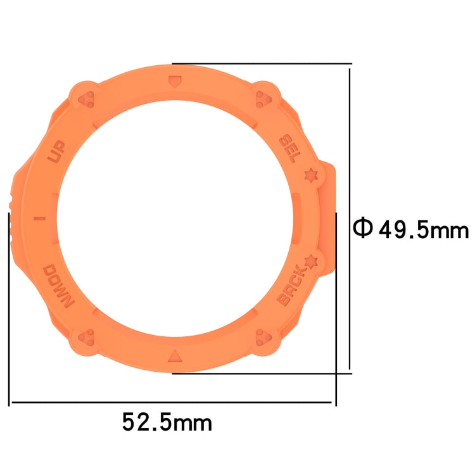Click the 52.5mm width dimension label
tap(167, 421)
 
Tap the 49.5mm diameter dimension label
tap(423, 229)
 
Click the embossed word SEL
tap(289, 148)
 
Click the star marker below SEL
tap(310, 174)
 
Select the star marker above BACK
tap(310, 260)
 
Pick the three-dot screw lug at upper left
tap(87, 99)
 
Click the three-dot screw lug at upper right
tap(262, 99)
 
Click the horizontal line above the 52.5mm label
tap(171, 402)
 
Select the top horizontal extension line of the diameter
tap(262, 63)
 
